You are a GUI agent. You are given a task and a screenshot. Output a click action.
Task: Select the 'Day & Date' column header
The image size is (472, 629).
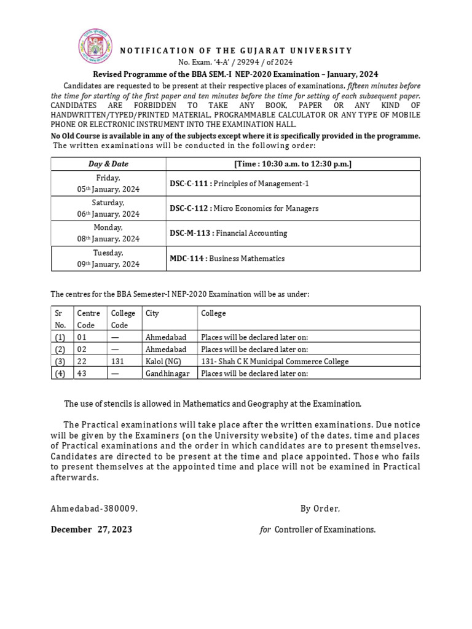(x=108, y=164)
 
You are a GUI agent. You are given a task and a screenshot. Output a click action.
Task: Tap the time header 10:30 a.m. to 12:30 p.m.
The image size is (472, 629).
(x=293, y=164)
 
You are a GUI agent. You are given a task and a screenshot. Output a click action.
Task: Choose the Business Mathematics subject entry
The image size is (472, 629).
(x=246, y=259)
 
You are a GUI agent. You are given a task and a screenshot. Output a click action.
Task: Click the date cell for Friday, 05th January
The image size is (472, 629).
(x=108, y=184)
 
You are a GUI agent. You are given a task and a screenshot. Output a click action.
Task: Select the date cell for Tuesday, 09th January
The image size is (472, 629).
(x=108, y=259)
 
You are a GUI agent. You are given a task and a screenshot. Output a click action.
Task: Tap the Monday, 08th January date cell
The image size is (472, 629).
(x=108, y=233)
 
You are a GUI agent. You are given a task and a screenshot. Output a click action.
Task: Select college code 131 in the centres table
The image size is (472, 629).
(x=117, y=361)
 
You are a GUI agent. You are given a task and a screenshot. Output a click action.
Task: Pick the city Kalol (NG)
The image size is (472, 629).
(x=163, y=361)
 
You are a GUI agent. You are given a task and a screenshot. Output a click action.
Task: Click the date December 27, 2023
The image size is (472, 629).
(x=91, y=529)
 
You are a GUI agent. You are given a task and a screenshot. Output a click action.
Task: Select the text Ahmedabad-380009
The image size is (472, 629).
(x=94, y=509)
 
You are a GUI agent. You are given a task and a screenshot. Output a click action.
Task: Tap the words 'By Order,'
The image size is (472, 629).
(x=320, y=509)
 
